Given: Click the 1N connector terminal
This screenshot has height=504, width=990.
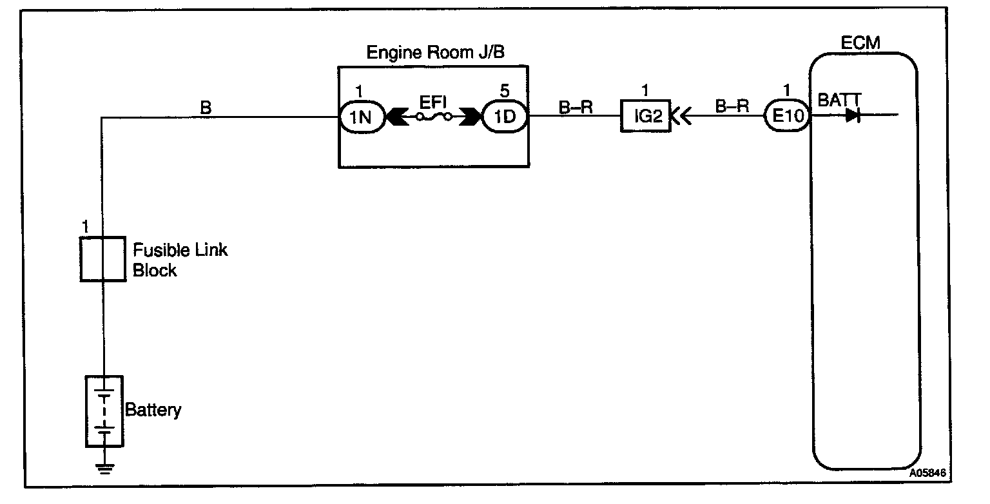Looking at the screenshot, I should [x=362, y=117].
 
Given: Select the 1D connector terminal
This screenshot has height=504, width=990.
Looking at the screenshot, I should [x=505, y=117].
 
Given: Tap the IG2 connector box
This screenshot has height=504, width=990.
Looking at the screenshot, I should [x=645, y=117].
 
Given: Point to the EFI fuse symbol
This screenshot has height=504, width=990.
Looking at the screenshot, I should [x=433, y=117].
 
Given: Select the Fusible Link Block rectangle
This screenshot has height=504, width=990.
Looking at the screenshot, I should [x=102, y=258].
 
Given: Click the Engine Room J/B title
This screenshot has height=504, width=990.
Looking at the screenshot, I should [x=435, y=52].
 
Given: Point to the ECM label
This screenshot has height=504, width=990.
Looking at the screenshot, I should [x=860, y=43].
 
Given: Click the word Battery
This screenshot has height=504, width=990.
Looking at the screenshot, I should [x=153, y=410].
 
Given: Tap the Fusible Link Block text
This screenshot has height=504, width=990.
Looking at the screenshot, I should [x=180, y=260].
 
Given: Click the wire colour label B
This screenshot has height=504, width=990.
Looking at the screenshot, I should [x=206, y=108].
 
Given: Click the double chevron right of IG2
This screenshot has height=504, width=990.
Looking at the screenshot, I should [x=682, y=117].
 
